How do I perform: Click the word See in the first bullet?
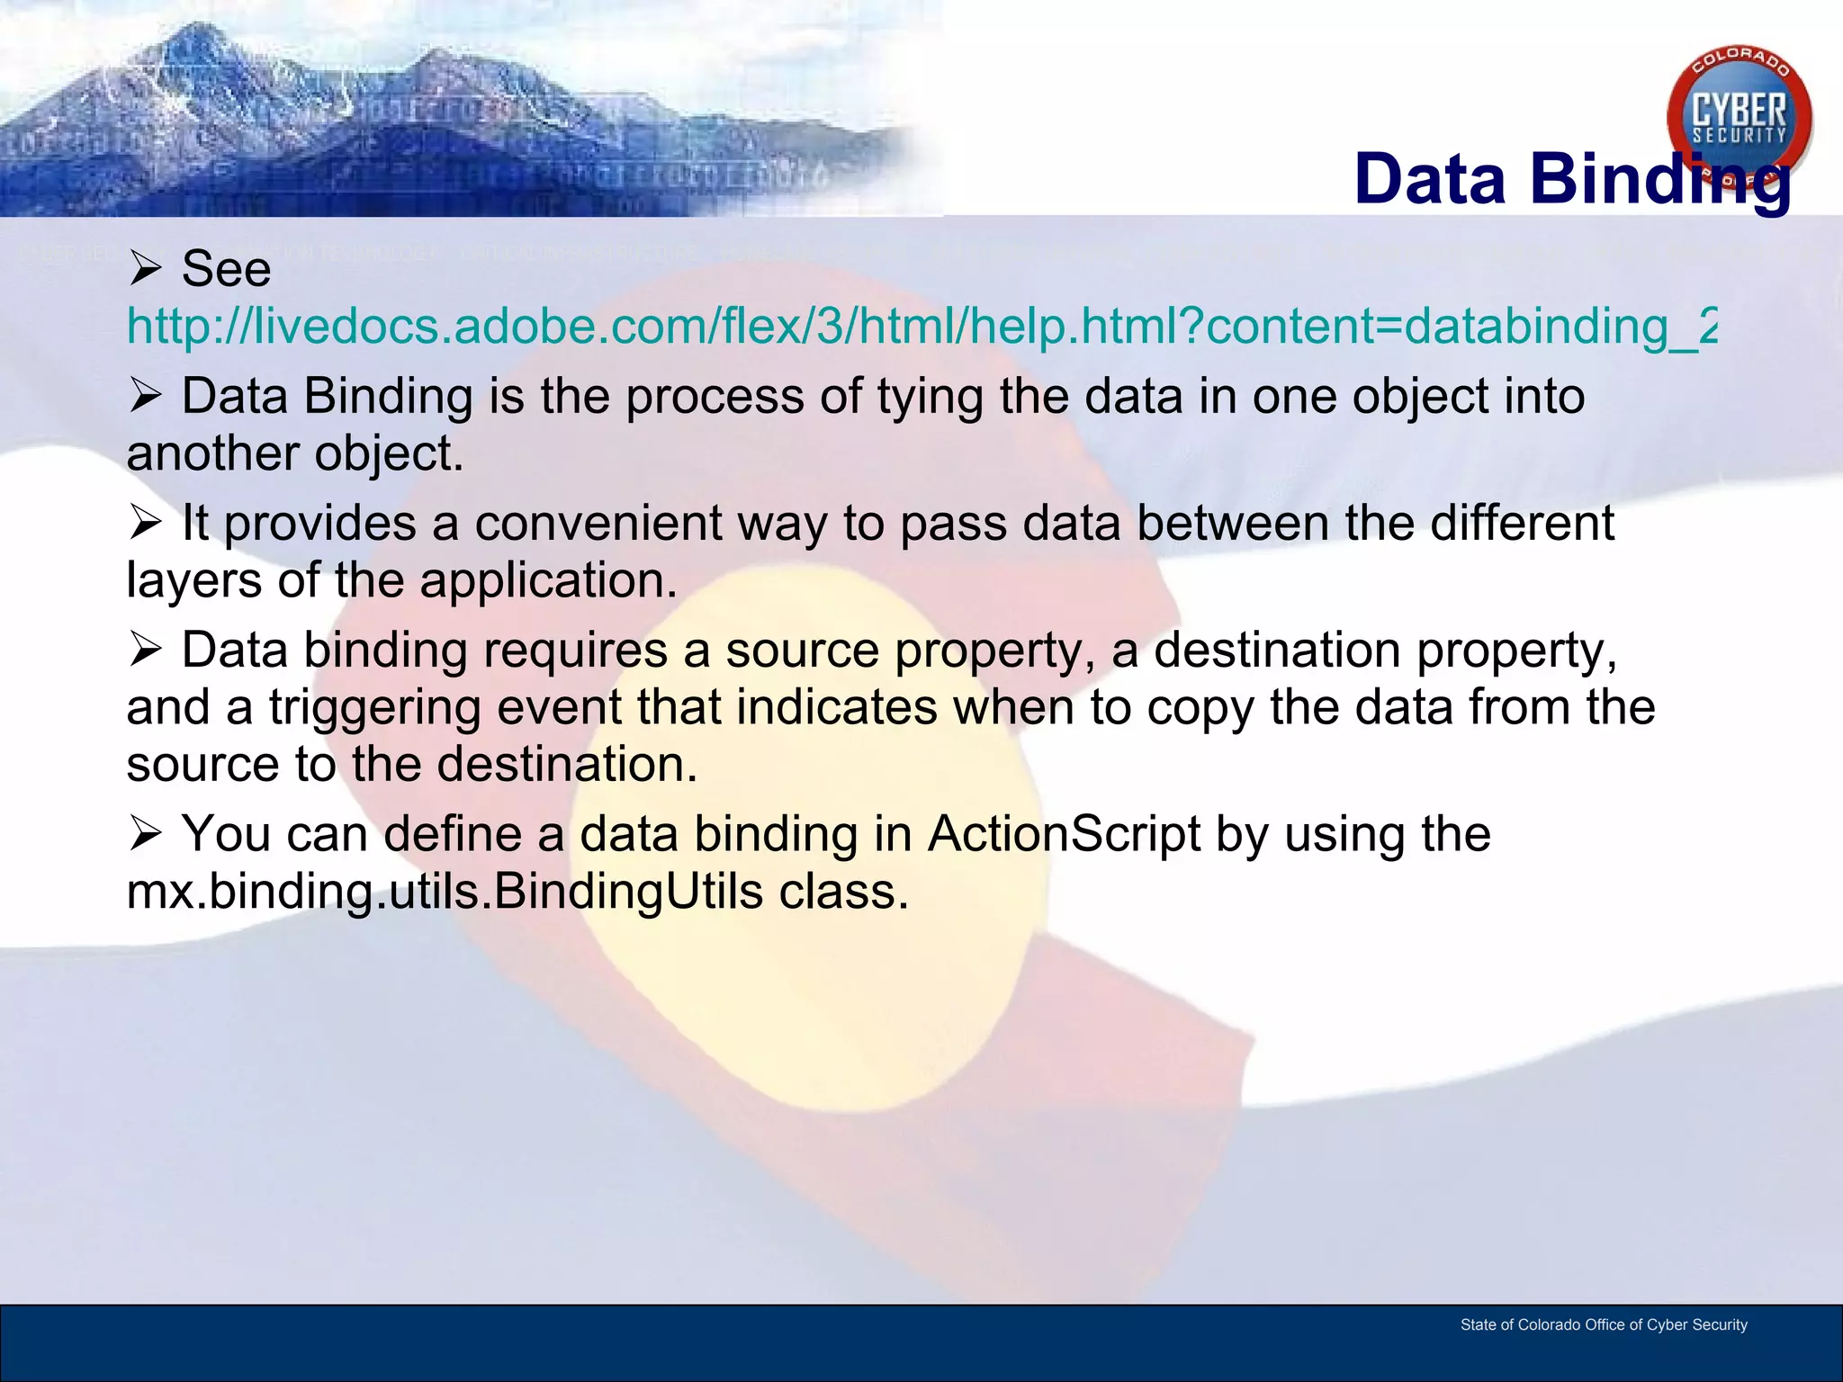click(x=226, y=269)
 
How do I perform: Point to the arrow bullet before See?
click(x=145, y=269)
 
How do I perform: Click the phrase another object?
click(x=295, y=453)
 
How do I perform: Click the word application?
click(x=548, y=581)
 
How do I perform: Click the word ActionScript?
click(x=1064, y=834)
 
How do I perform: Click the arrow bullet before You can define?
click(x=145, y=834)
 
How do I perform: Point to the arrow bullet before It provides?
click(x=145, y=524)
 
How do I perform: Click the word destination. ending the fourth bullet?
click(x=567, y=765)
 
